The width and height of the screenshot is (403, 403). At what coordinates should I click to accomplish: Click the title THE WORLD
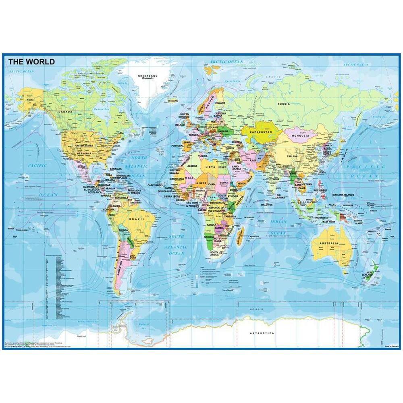click(x=31, y=62)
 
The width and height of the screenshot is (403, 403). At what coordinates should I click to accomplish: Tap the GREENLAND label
click(x=148, y=76)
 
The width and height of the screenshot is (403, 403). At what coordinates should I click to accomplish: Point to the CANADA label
click(x=66, y=112)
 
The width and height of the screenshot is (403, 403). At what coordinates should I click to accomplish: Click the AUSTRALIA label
click(x=329, y=244)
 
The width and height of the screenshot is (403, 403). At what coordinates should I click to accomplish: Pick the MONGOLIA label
click(x=301, y=136)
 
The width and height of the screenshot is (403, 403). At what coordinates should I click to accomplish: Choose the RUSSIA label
click(x=283, y=104)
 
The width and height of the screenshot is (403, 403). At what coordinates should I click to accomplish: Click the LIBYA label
click(x=211, y=166)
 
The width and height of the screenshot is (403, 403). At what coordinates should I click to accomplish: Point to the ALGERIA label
click(x=192, y=166)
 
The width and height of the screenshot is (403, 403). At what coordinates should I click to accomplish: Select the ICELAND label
click(x=173, y=101)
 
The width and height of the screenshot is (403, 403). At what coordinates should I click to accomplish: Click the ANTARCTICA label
click(x=262, y=333)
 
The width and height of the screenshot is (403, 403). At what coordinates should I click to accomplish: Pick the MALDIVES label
click(x=266, y=205)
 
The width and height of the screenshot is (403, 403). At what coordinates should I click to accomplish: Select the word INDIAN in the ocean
click(x=278, y=222)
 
